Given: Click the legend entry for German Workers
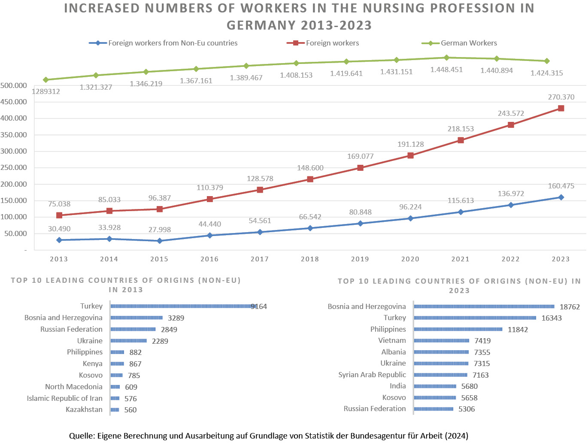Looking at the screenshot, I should [468, 43].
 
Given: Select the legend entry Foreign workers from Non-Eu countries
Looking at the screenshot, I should [173, 43].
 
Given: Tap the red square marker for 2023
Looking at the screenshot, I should [561, 109].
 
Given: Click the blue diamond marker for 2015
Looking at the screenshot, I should [160, 241].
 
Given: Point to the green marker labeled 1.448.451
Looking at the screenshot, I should [446, 58].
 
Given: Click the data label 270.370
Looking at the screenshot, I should [561, 97].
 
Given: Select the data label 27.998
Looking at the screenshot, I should [160, 230].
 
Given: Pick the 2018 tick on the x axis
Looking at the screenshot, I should [310, 259].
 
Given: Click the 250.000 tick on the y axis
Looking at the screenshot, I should [14, 168].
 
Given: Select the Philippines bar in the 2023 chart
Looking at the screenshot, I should [458, 330].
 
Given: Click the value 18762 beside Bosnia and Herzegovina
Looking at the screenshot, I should [570, 307].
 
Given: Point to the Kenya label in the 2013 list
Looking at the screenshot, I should [93, 364].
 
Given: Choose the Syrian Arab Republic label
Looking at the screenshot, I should [372, 375].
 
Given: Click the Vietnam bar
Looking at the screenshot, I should [442, 341].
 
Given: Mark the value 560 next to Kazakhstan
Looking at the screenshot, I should [130, 410].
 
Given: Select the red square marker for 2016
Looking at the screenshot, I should [210, 199].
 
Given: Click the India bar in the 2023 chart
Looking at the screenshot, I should [435, 386].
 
